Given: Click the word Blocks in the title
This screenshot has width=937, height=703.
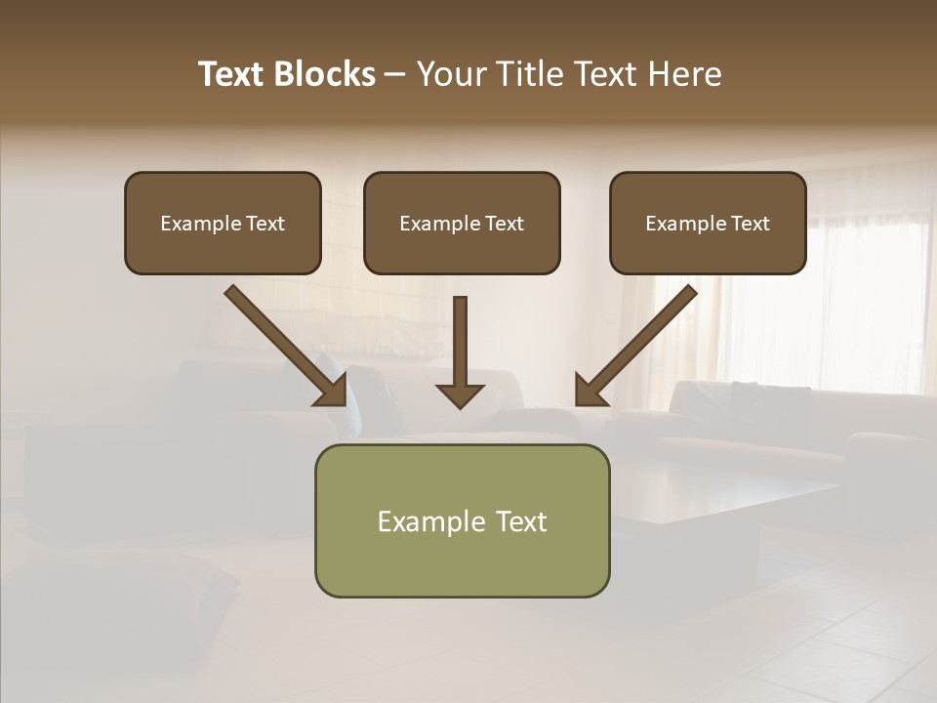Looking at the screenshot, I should [x=326, y=74].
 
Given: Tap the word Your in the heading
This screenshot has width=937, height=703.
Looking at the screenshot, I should [x=448, y=74].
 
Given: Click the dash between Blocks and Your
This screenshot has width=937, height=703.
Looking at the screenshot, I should [x=394, y=74].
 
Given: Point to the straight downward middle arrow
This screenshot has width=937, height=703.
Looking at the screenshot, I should [x=461, y=347].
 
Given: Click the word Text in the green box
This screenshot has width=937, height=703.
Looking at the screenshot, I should [x=519, y=521].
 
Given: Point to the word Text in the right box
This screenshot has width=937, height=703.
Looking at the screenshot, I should [x=750, y=224].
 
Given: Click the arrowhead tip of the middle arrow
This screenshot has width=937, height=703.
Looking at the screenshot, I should [x=461, y=403].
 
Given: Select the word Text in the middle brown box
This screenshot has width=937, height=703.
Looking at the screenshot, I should [x=504, y=224].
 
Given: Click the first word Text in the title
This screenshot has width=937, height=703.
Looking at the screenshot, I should [x=233, y=74].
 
